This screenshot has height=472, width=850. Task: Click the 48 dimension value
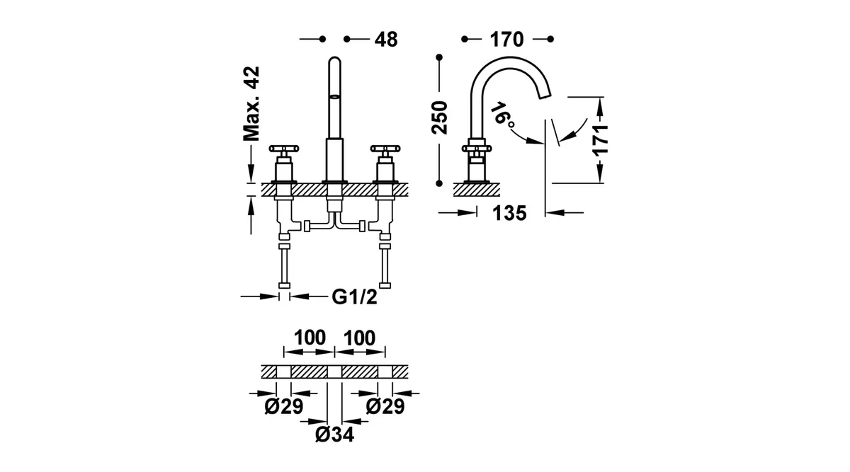(386, 40)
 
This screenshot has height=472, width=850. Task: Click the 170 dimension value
(506, 40)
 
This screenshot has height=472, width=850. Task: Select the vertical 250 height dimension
(440, 117)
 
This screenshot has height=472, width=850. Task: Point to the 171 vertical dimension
(601, 139)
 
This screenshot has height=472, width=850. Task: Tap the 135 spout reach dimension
(509, 213)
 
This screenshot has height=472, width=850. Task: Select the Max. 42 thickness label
(251, 104)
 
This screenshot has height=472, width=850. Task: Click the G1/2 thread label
(354, 297)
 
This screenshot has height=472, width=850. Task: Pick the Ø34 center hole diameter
(334, 434)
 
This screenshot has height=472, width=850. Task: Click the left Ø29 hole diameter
(284, 407)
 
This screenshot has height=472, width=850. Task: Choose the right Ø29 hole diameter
(385, 407)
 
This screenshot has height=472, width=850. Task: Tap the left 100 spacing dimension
(310, 338)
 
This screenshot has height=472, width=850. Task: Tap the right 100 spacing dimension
(359, 338)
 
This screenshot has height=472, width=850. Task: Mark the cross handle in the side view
(477, 148)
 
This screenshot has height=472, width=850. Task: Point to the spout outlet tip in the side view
(544, 96)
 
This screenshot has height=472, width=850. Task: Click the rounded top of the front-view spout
(334, 60)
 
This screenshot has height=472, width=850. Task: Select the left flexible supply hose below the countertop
(284, 265)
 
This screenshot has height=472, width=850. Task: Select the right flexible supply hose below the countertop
(385, 265)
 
